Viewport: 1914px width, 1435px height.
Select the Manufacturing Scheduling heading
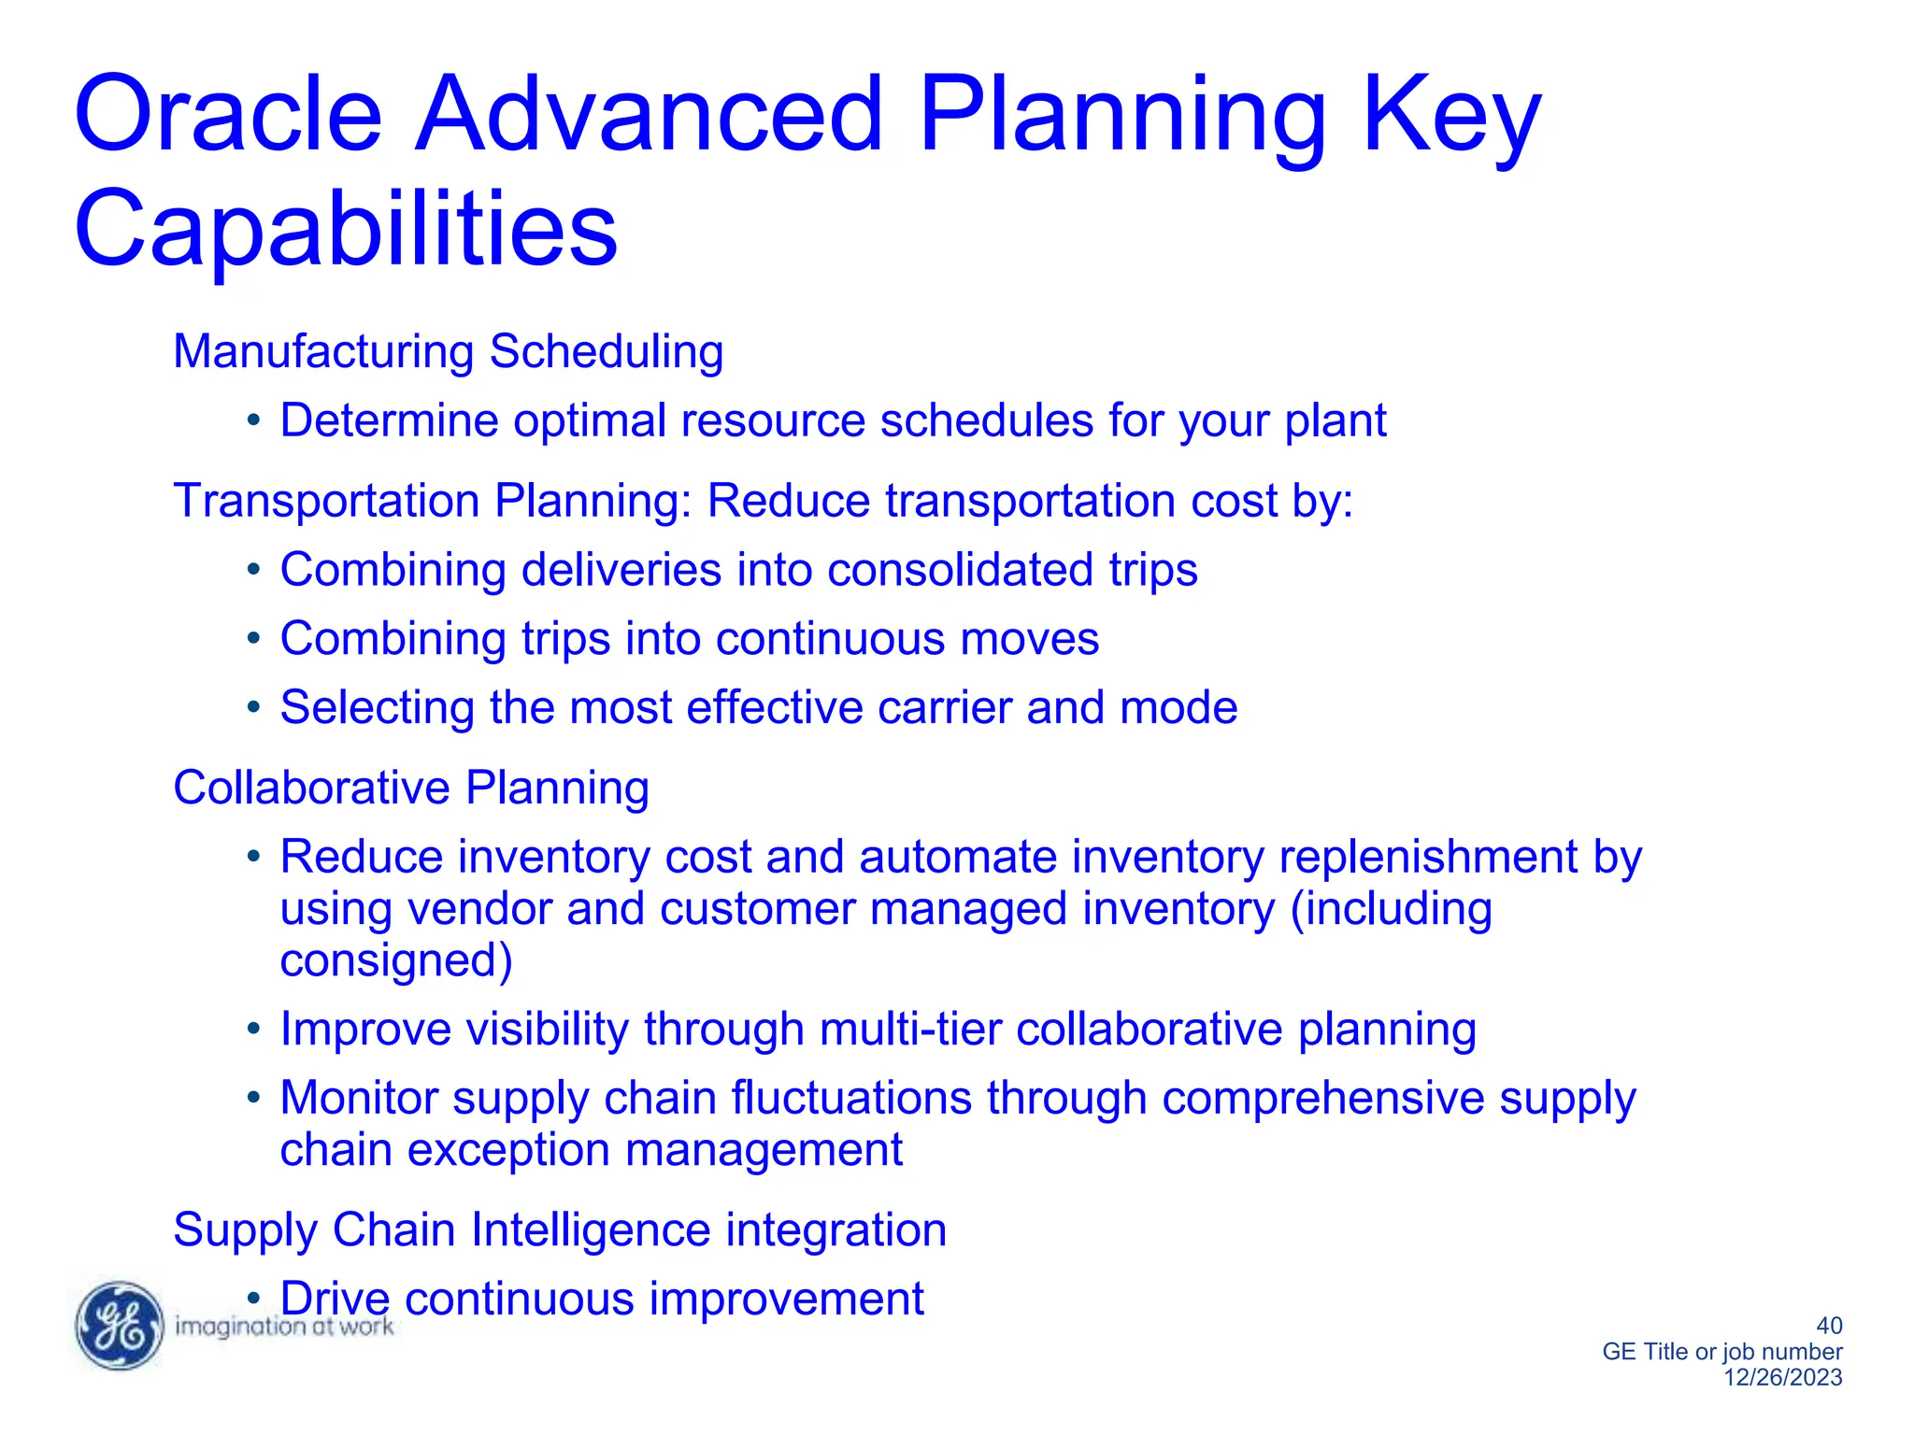click(x=448, y=352)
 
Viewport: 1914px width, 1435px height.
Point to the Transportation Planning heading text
click(x=431, y=501)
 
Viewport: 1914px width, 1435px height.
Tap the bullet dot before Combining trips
click(x=252, y=639)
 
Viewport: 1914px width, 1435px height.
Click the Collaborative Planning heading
click(x=410, y=788)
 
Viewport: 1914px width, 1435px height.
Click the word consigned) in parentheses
click(x=396, y=961)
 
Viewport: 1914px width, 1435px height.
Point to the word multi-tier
click(x=909, y=1030)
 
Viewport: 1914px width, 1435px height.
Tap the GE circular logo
click(x=119, y=1326)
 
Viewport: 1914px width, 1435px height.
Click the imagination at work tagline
click(x=284, y=1327)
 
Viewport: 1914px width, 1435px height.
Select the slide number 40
click(x=1828, y=1326)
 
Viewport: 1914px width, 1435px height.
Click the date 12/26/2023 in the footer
click(x=1782, y=1377)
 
